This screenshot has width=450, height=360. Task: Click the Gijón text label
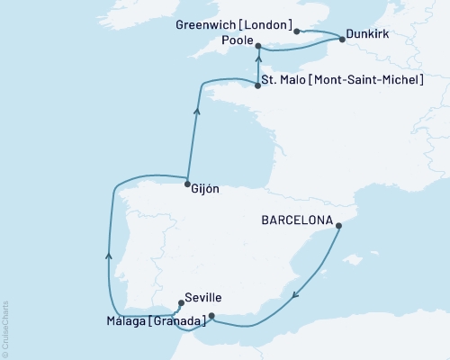[205, 190]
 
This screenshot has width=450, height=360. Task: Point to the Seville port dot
[181, 303]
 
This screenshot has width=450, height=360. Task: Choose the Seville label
[203, 298]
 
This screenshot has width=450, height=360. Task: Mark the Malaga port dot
[211, 316]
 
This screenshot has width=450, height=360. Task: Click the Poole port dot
[258, 46]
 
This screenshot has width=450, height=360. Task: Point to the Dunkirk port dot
[342, 39]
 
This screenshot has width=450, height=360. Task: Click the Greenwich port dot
[296, 31]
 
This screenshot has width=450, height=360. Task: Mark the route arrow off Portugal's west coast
[109, 256]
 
